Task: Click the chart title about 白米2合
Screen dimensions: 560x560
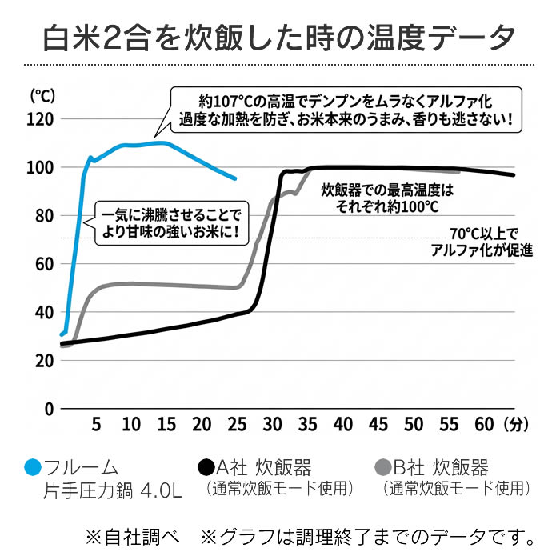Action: coord(279,35)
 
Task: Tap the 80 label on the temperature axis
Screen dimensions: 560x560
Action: coord(45,216)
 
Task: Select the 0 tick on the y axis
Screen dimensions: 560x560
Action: coord(49,408)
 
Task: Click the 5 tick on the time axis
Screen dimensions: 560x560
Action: coord(96,424)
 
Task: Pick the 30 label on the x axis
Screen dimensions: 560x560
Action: coord(273,424)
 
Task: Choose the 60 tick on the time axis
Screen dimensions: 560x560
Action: coord(484,424)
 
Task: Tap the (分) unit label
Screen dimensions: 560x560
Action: coord(518,424)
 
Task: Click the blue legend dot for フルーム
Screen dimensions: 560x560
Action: coord(34,467)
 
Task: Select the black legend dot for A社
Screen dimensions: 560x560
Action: coord(206,467)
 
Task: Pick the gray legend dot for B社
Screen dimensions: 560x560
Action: coord(383,467)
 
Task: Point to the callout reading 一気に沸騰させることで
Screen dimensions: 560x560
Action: coord(171,223)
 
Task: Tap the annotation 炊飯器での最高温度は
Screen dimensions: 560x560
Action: coord(387,198)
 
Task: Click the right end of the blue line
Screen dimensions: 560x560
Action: coord(235,178)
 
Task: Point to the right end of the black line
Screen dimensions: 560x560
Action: coord(514,175)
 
